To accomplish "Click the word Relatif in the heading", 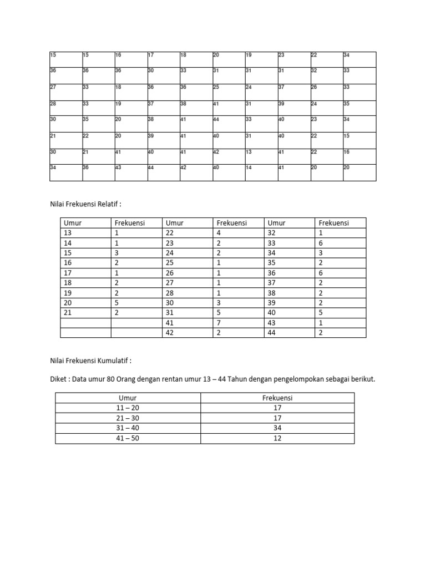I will tap(108, 204).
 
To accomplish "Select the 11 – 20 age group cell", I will tap(128, 408).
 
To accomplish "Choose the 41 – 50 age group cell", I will tap(128, 438).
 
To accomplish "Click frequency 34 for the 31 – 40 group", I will tap(277, 428).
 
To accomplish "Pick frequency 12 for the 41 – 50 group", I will tap(277, 438).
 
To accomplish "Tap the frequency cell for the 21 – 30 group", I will tap(277, 418).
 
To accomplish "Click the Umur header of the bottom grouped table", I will tap(128, 398).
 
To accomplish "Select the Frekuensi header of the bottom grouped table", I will tap(277, 398).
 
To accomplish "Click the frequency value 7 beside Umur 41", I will tap(219, 322).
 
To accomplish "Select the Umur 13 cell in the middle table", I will tap(69, 232).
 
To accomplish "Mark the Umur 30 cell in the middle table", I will tap(171, 302).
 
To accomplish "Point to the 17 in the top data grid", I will tap(150, 55).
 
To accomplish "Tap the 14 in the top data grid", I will tap(248, 167).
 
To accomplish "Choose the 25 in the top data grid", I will tap(216, 87).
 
